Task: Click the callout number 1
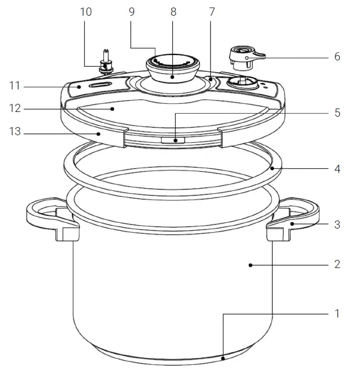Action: click(x=337, y=313)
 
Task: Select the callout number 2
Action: click(x=337, y=265)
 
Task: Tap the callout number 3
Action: click(x=337, y=224)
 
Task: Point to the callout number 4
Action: click(x=337, y=169)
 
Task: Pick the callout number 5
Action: click(x=337, y=113)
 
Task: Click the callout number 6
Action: click(x=337, y=57)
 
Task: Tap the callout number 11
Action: click(x=15, y=86)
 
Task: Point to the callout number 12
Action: click(x=15, y=108)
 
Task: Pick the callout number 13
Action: click(x=15, y=132)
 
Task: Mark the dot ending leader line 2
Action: click(x=250, y=265)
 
